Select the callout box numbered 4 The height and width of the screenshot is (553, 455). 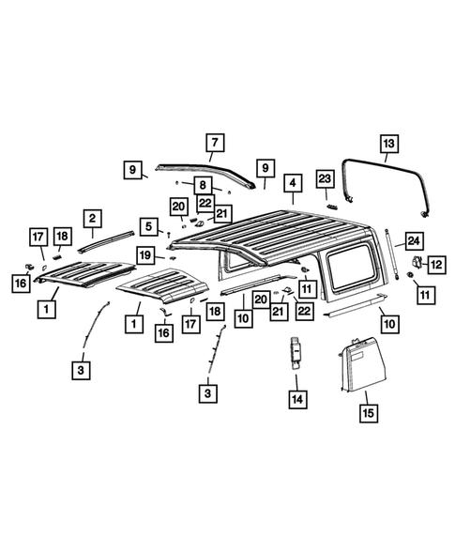294,183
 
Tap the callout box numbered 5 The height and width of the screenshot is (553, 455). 148,225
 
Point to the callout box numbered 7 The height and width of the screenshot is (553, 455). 214,144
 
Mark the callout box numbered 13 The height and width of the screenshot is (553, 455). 387,144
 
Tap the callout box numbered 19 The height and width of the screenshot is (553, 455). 146,254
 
